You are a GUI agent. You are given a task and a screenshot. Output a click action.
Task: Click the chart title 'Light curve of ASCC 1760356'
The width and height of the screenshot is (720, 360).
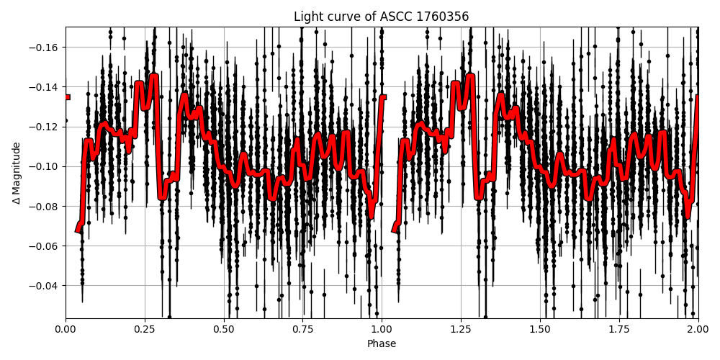[x=382, y=17]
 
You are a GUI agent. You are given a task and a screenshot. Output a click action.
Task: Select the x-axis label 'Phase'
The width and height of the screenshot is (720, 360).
[x=382, y=344]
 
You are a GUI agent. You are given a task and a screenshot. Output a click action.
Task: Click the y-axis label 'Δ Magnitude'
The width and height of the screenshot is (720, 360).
[x=17, y=173]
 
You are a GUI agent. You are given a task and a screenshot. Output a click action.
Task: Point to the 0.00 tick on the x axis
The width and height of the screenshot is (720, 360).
[x=66, y=330]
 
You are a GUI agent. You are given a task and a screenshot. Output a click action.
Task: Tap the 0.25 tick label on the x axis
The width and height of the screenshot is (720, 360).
[x=145, y=330]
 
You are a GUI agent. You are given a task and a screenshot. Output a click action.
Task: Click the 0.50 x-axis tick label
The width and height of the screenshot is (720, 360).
[x=224, y=330]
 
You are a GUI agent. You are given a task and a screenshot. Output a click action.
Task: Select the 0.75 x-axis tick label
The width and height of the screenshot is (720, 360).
[x=302, y=330]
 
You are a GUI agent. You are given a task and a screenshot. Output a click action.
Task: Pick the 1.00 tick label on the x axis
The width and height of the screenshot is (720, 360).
[x=382, y=330]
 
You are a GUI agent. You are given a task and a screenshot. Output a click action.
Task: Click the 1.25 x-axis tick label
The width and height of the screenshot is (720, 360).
[x=461, y=330]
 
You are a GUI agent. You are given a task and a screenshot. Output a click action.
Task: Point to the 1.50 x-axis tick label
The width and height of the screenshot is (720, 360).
[x=540, y=330]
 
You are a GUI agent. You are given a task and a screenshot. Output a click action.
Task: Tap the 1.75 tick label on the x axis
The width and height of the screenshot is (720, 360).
[x=619, y=330]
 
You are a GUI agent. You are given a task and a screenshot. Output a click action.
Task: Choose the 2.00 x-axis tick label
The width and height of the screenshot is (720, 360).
[x=698, y=330]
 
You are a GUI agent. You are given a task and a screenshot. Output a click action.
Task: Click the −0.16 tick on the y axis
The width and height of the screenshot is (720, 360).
[x=45, y=48]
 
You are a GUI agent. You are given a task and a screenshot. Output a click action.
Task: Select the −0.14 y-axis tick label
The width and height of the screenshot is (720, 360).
[x=45, y=87]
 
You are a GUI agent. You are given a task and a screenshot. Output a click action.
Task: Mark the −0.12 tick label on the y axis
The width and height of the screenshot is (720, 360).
[x=45, y=127]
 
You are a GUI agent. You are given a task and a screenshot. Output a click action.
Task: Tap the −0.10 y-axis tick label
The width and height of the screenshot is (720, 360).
[x=45, y=166]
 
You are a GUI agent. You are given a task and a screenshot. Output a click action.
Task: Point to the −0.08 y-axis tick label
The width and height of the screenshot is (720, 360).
[x=45, y=207]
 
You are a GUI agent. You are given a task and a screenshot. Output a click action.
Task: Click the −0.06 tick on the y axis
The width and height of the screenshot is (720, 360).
[x=45, y=246]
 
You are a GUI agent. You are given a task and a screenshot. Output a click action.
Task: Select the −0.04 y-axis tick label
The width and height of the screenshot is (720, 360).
[x=45, y=286]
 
